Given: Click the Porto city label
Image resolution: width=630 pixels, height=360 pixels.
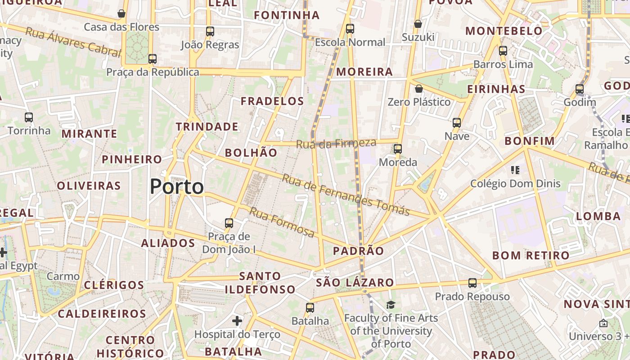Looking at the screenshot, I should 177,186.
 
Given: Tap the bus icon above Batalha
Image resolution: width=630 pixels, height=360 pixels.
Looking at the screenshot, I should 310,308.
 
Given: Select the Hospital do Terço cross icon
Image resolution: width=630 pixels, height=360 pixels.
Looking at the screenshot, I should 237,321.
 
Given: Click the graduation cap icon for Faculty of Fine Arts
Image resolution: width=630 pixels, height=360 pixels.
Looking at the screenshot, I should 391,305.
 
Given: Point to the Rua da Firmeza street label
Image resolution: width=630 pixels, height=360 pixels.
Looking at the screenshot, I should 336,144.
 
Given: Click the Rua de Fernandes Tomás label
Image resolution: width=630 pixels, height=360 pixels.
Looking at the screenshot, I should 346,194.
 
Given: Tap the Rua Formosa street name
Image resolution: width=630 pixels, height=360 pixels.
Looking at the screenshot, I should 282,222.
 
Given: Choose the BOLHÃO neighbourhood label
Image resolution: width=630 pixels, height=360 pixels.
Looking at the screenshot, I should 251,153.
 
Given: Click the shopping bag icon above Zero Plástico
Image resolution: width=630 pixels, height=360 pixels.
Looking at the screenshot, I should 419,89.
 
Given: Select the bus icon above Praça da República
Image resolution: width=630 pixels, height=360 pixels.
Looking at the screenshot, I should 153,59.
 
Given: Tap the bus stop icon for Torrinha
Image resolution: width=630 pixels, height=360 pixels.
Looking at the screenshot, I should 29,117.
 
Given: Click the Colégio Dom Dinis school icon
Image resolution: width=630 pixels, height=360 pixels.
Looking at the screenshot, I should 515,170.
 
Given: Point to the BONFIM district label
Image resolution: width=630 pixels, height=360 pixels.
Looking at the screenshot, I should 530,141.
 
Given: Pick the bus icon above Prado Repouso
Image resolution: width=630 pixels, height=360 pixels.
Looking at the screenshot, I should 472,283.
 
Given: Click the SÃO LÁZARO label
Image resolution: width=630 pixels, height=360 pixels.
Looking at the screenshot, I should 355,283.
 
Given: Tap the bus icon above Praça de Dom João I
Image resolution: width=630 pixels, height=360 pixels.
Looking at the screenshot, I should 229,223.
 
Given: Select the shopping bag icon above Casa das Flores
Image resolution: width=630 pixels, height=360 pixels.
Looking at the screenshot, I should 121,13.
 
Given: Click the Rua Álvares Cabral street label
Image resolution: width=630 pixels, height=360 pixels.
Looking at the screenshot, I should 73,42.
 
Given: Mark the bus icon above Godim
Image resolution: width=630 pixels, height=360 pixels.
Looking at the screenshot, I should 580,89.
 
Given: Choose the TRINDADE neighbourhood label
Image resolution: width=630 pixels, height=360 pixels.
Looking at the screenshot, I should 207,126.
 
